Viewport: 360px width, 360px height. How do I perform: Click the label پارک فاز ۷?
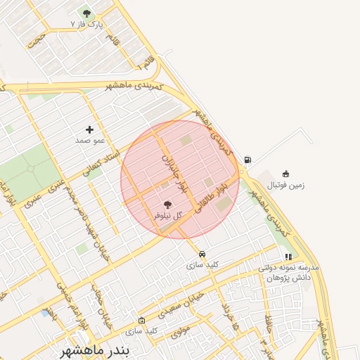click(86, 24)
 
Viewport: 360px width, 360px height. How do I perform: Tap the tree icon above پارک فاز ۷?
click(86, 13)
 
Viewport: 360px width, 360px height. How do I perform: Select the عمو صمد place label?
click(89, 140)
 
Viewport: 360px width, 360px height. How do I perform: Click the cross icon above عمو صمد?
click(89, 129)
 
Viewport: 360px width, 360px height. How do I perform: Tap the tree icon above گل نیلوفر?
click(167, 204)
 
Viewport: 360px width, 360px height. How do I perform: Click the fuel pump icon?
click(247, 160)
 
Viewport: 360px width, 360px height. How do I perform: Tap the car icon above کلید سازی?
click(202, 254)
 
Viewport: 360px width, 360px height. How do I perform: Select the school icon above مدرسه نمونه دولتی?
click(288, 257)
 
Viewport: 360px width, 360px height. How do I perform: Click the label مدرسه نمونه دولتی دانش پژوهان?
click(288, 273)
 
